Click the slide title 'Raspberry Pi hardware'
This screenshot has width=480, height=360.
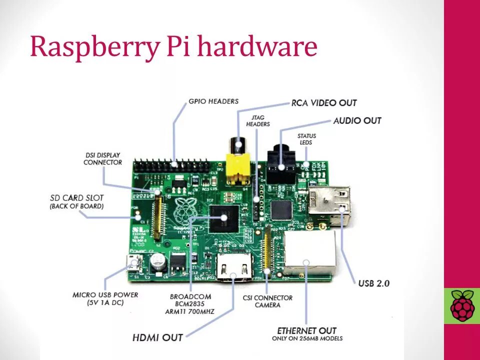173,47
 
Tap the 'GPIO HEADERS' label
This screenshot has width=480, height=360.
213,101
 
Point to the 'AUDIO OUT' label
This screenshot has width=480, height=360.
357,120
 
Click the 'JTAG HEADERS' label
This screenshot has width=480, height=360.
258,120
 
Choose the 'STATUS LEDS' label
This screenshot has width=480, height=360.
306,139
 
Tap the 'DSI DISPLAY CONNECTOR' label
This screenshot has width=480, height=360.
102,159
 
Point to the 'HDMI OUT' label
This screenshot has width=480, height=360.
157,337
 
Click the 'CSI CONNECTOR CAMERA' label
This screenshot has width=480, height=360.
267,301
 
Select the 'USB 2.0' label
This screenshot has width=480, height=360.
373,283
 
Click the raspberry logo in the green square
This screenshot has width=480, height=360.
462,305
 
